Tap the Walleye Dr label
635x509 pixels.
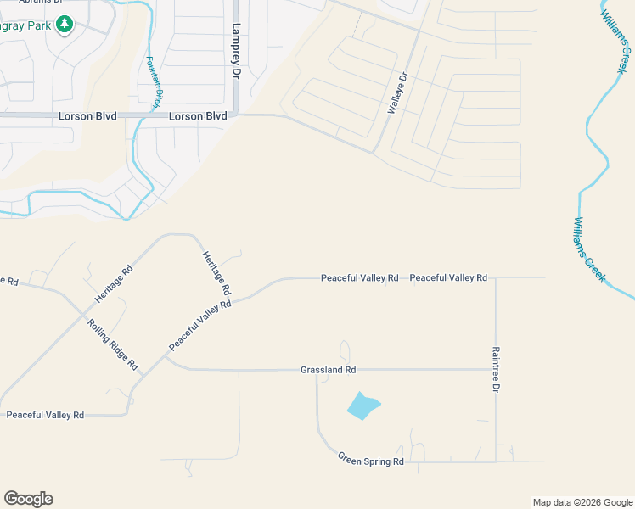click(x=397, y=93)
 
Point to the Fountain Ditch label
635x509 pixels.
click(x=154, y=82)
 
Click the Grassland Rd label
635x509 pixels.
click(x=328, y=370)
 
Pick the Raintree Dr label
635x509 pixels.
click(x=496, y=368)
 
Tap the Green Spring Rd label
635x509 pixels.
click(x=371, y=461)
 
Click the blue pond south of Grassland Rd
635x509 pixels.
click(x=362, y=406)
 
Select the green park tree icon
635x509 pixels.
click(x=64, y=25)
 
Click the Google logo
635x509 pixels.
click(x=28, y=499)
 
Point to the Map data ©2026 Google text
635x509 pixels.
click(x=582, y=502)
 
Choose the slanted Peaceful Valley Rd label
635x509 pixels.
click(x=200, y=326)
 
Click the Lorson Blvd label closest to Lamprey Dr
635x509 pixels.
click(x=198, y=116)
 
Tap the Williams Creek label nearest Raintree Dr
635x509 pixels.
click(x=588, y=249)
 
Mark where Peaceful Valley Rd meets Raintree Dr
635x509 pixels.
click(x=496, y=277)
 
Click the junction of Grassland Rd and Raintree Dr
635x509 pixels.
click(x=496, y=369)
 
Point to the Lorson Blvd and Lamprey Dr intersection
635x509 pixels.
click(x=236, y=115)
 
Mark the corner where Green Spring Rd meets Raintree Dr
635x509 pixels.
click(x=496, y=461)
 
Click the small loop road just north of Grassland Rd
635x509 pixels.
click(x=344, y=350)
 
